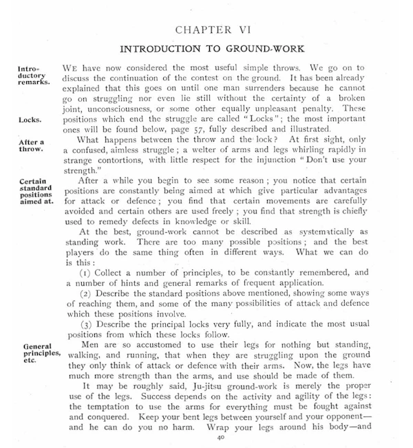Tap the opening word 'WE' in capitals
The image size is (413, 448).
72,69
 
